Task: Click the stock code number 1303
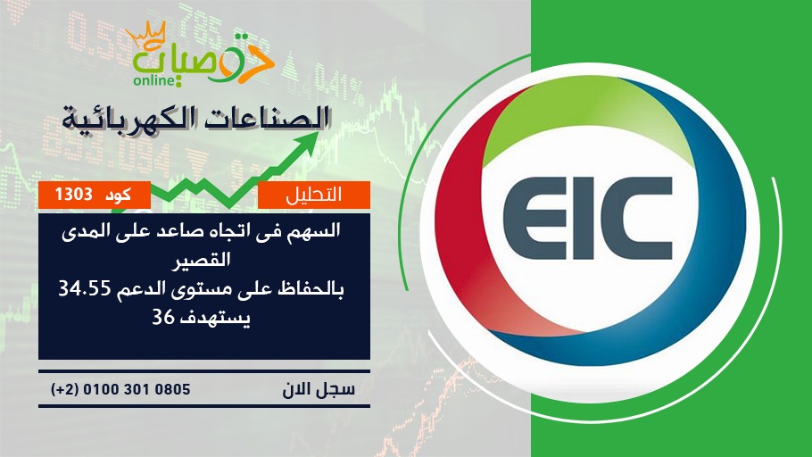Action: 73,195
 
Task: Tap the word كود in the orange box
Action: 118,195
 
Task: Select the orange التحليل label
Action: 314,195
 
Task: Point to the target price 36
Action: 162,317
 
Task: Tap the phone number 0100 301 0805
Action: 137,389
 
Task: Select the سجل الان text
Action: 319,389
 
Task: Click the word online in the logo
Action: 154,80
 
